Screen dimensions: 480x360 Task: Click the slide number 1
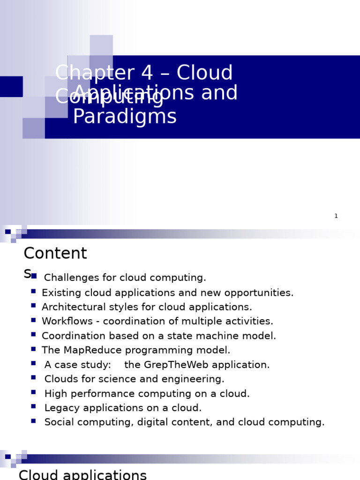[x=336, y=216]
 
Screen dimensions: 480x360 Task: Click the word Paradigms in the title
[x=125, y=117]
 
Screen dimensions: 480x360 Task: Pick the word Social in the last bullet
[x=58, y=422]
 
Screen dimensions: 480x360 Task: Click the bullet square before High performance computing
[x=33, y=392]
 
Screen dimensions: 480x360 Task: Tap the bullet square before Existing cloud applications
[x=33, y=291]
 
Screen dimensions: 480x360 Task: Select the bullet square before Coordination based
[x=33, y=334]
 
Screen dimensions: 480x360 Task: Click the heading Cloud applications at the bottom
[x=82, y=474]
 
